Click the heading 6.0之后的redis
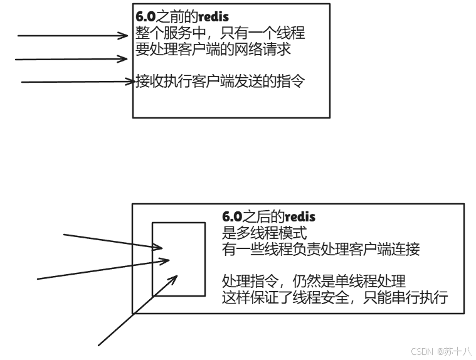point(269,217)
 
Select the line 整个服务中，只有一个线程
point(220,33)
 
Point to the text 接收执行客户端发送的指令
point(220,81)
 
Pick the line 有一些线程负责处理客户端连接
point(320,249)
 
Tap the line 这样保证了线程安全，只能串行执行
point(335,297)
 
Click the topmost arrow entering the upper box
point(72,36)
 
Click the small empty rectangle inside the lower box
point(179,258)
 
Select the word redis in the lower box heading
point(300,217)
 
